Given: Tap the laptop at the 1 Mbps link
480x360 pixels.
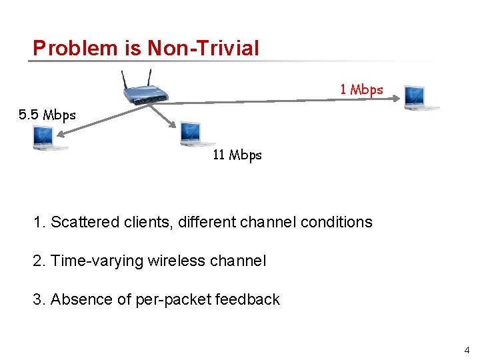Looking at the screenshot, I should [421, 97].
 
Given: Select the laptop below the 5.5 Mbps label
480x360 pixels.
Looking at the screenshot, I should [49, 137].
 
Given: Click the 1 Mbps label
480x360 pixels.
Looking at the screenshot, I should [361, 89].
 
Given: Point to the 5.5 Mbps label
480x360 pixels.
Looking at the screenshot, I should [47, 115].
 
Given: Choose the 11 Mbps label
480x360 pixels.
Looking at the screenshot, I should [237, 155].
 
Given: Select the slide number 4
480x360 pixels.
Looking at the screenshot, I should [467, 350].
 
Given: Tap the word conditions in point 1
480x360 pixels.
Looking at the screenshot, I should [336, 222].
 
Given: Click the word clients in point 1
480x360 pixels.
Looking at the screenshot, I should [148, 222].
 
